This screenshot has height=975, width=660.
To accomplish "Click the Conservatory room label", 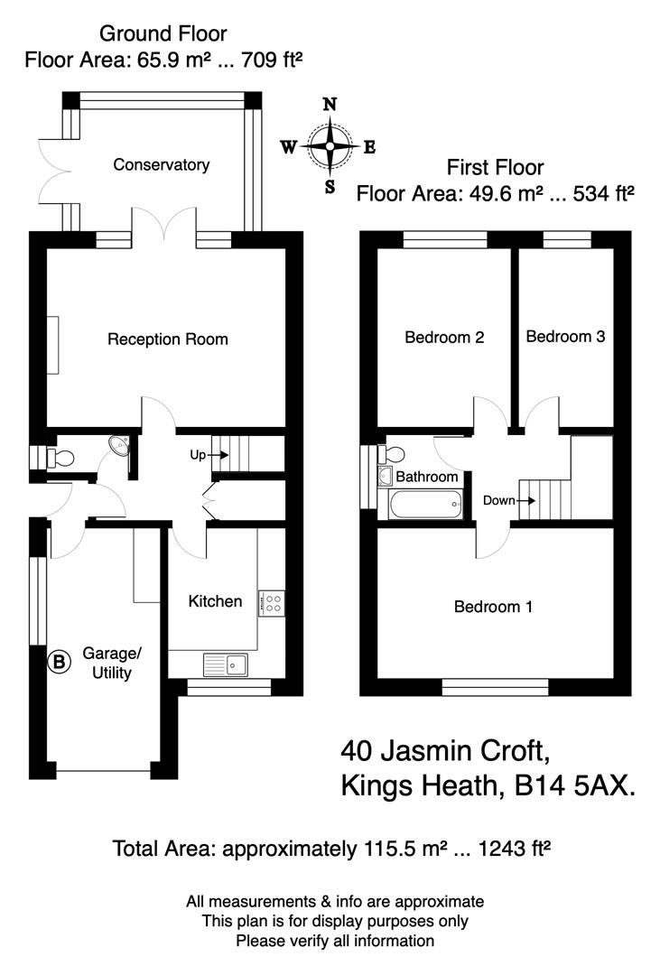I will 161,164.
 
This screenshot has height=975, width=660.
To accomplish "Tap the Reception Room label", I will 168,339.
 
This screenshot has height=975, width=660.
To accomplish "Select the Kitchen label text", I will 215,601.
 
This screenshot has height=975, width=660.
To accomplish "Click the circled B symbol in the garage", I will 59,662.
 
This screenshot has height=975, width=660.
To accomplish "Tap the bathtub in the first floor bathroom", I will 423,504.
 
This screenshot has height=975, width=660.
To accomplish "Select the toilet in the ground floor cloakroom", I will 60,459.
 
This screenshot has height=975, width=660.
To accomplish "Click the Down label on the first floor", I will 499,499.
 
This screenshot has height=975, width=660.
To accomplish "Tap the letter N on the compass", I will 330,104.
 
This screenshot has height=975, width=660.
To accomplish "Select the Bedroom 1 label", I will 493,607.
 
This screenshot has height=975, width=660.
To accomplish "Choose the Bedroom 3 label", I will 565,337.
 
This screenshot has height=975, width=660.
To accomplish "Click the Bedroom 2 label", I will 444,338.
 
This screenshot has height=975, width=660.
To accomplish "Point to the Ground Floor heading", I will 163,34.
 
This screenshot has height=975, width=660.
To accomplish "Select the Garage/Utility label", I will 107,663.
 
